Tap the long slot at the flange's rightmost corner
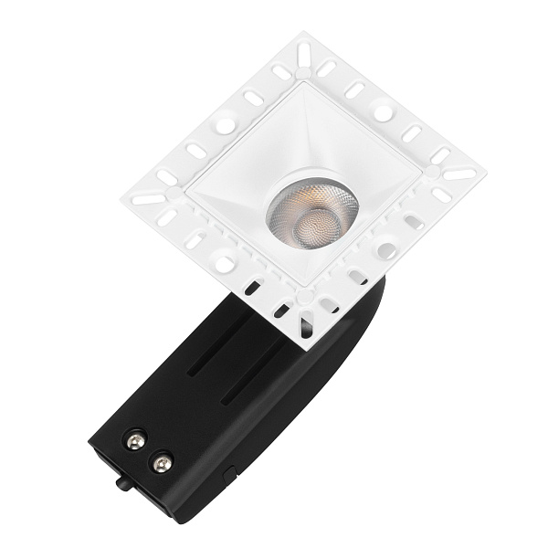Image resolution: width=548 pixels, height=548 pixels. click(459, 174)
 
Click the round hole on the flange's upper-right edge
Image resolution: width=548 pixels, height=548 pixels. click(384, 113)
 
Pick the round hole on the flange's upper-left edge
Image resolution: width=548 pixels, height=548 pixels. click(224, 119)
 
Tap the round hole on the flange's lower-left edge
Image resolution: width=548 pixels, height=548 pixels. click(223, 264)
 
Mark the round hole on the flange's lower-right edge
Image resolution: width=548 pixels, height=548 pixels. click(386, 249)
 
